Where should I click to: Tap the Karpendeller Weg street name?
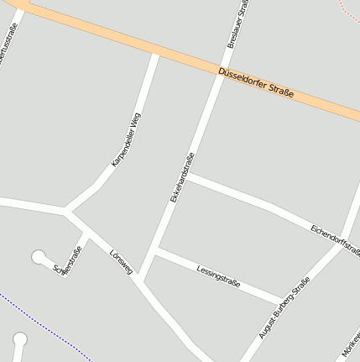point(127,139)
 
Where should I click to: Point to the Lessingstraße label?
point(218,275)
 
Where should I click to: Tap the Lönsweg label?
point(121,261)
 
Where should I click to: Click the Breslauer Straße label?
point(237,24)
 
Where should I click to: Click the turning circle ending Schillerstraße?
point(39,256)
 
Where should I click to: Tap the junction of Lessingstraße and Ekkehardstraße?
point(156,249)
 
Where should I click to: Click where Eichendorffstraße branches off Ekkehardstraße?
point(186,176)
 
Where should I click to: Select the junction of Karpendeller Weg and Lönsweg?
point(67,209)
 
